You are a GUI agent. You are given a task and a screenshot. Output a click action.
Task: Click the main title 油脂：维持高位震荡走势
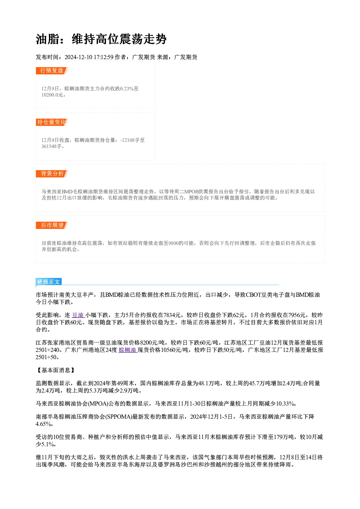click(101, 39)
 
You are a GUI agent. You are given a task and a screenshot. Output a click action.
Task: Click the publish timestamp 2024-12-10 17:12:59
click(89, 57)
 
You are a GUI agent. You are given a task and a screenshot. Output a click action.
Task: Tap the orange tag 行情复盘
click(52, 71)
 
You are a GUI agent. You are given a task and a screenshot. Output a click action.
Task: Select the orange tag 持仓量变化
click(52, 122)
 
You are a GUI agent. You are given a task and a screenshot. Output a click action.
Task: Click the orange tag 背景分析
click(52, 174)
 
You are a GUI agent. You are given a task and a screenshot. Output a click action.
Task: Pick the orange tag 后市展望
click(52, 225)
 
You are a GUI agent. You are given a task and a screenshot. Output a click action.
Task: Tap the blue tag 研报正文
click(48, 282)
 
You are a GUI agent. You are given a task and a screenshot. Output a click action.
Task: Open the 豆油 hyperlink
click(78, 315)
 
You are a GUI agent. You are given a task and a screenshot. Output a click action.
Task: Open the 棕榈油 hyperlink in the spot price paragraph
click(127, 350)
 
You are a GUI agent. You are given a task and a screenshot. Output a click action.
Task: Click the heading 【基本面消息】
click(56, 370)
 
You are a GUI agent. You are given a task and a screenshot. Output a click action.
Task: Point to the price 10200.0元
click(52, 95)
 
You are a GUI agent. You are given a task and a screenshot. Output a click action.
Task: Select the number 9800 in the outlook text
click(173, 243)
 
